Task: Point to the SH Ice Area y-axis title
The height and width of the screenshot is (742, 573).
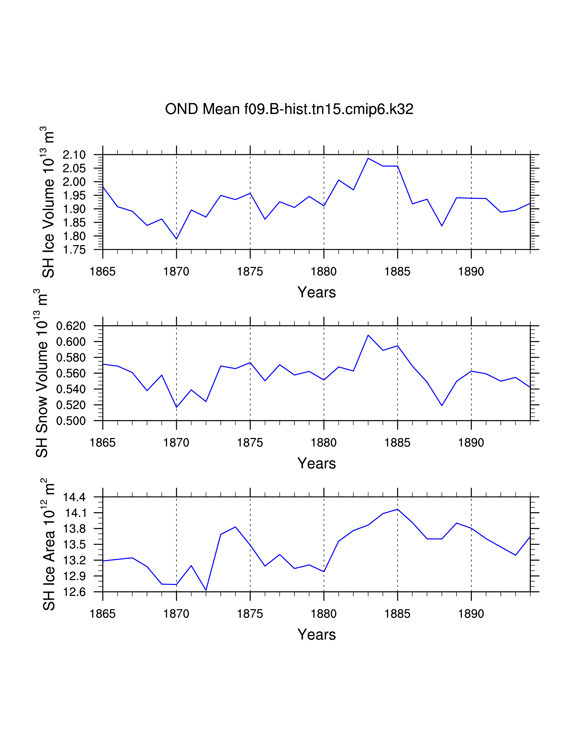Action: (48, 544)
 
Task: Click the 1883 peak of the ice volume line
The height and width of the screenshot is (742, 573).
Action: (368, 158)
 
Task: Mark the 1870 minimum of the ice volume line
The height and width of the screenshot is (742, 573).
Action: (177, 239)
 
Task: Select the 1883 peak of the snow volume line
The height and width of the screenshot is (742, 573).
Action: (368, 335)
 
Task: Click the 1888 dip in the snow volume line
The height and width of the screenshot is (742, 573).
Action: (442, 406)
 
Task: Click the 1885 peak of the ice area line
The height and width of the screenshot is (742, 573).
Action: (398, 509)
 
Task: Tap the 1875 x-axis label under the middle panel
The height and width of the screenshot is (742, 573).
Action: (250, 443)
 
